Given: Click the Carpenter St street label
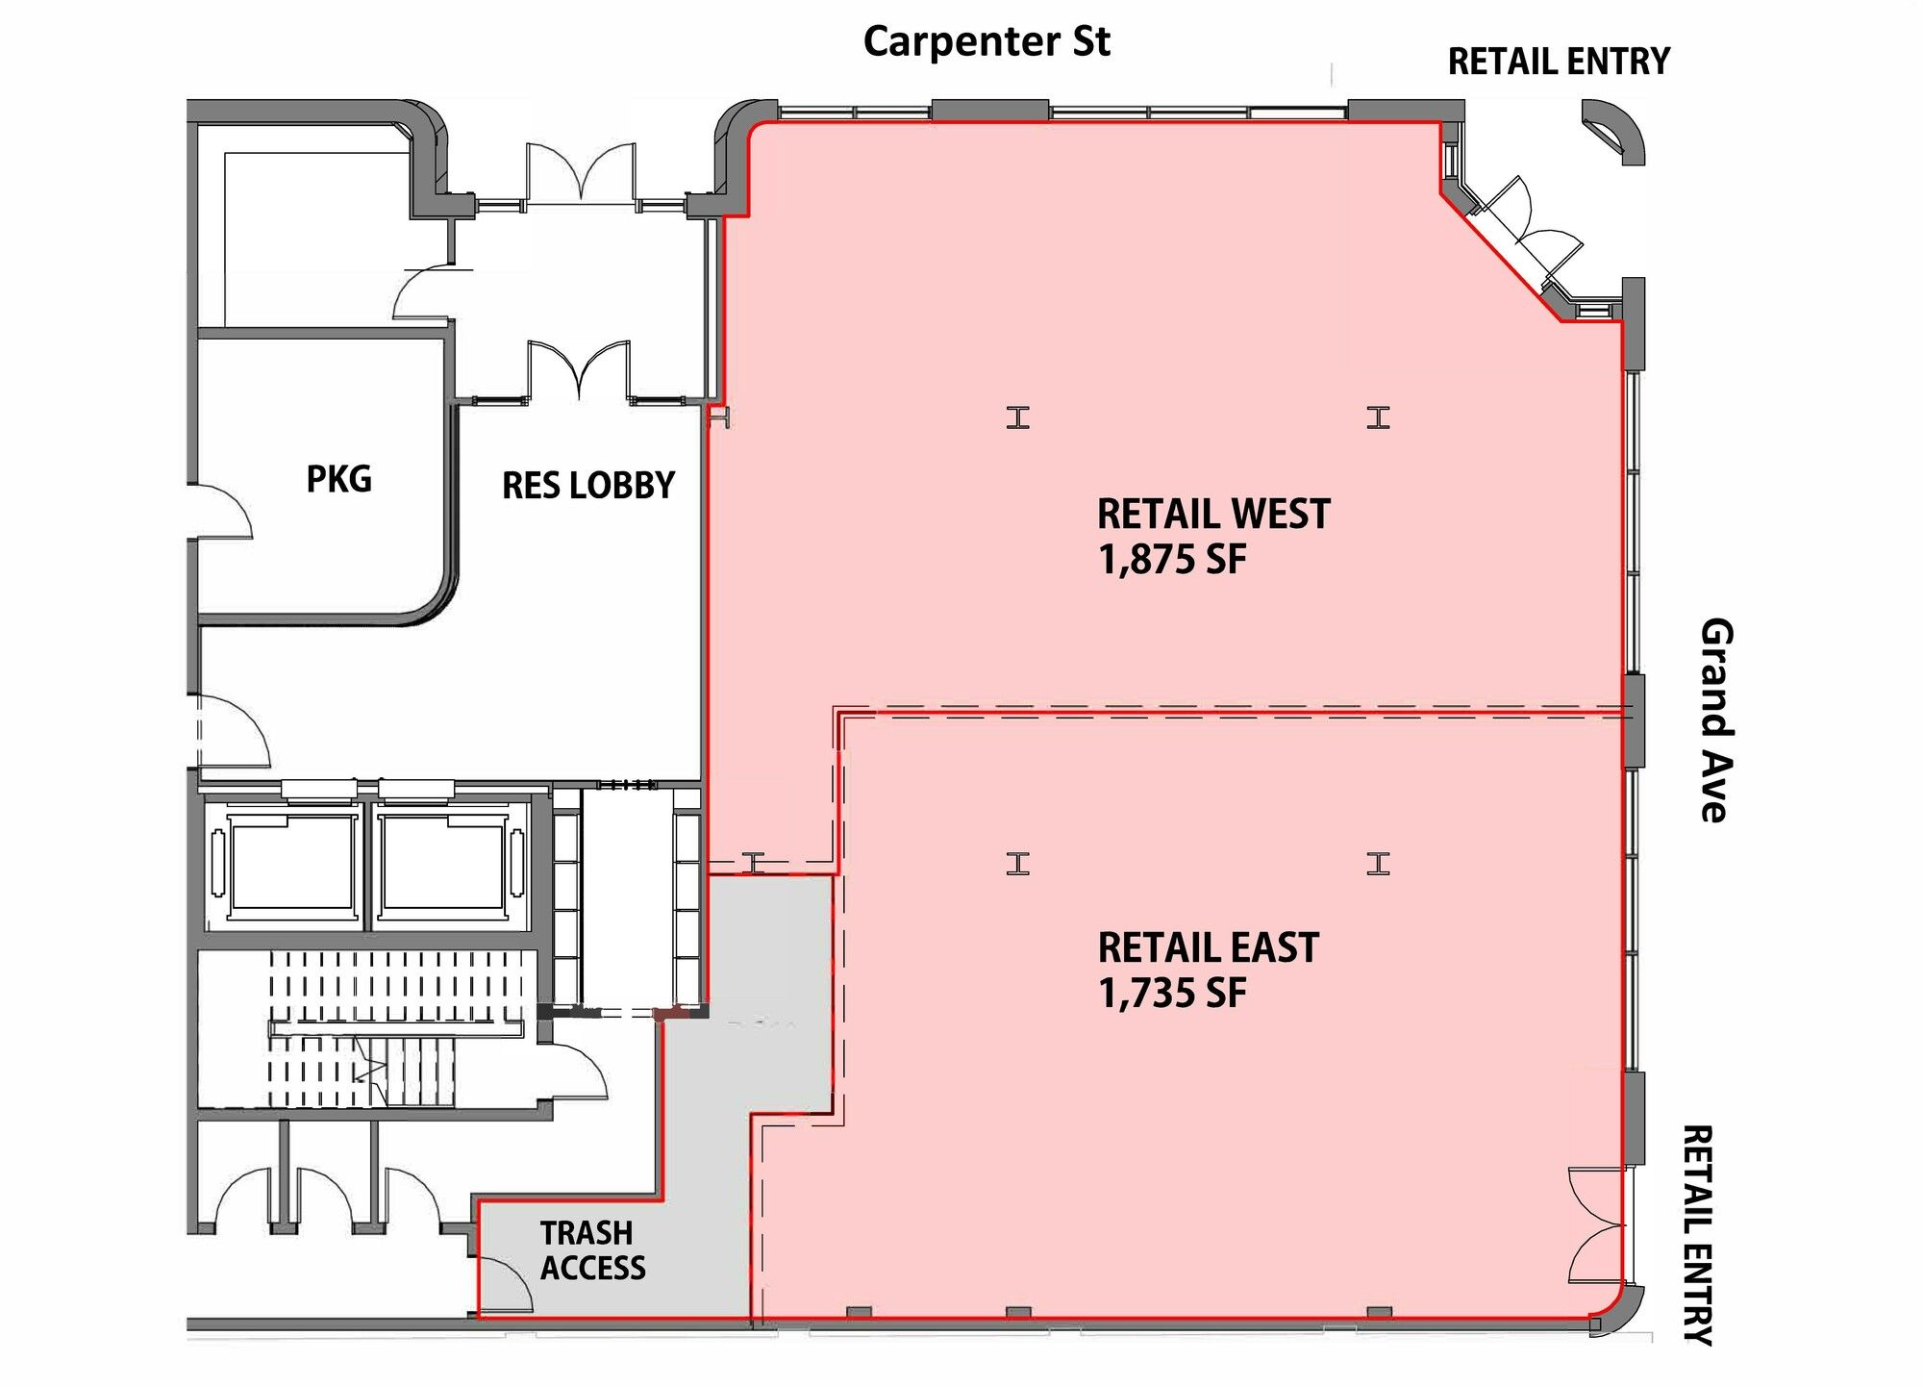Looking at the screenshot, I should (x=986, y=42).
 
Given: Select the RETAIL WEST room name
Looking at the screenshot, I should (x=1213, y=514).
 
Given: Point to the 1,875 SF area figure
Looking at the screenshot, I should (x=1172, y=559).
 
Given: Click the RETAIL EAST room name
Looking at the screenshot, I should (x=1209, y=947).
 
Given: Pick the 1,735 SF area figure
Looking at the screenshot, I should (x=1172, y=993).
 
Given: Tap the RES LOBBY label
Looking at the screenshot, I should (x=588, y=486).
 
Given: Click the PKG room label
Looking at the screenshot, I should (x=338, y=478).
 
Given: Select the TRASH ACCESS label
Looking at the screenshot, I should (x=592, y=1250).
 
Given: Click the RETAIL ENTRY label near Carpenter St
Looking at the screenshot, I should (x=1559, y=62).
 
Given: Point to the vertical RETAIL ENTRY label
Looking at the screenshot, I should (x=1698, y=1235).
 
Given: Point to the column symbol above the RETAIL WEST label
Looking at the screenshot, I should (x=1018, y=417).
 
